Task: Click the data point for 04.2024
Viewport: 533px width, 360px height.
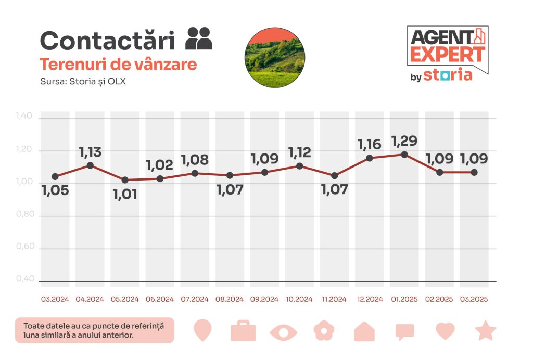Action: point(90,165)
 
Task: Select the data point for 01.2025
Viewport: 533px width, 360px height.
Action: point(404,155)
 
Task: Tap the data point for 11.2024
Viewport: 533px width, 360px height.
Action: point(334,176)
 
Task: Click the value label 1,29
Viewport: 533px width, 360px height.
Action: point(404,141)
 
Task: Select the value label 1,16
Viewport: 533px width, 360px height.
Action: point(370,144)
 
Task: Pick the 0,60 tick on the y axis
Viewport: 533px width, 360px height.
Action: point(24,247)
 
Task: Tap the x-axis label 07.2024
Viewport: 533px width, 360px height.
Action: point(195,299)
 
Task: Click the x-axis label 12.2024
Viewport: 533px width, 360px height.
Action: point(370,299)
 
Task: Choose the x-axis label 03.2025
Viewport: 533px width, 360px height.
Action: point(474,299)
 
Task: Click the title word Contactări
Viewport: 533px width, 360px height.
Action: point(110,41)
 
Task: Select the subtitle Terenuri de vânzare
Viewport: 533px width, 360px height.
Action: point(118,65)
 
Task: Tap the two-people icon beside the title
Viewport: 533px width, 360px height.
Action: point(199,38)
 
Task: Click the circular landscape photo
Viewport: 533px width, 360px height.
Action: point(275,57)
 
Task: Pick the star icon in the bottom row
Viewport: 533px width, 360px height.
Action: point(486,331)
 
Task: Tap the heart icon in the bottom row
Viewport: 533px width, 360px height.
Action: point(445,331)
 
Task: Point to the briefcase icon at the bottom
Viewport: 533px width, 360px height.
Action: point(243,331)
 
